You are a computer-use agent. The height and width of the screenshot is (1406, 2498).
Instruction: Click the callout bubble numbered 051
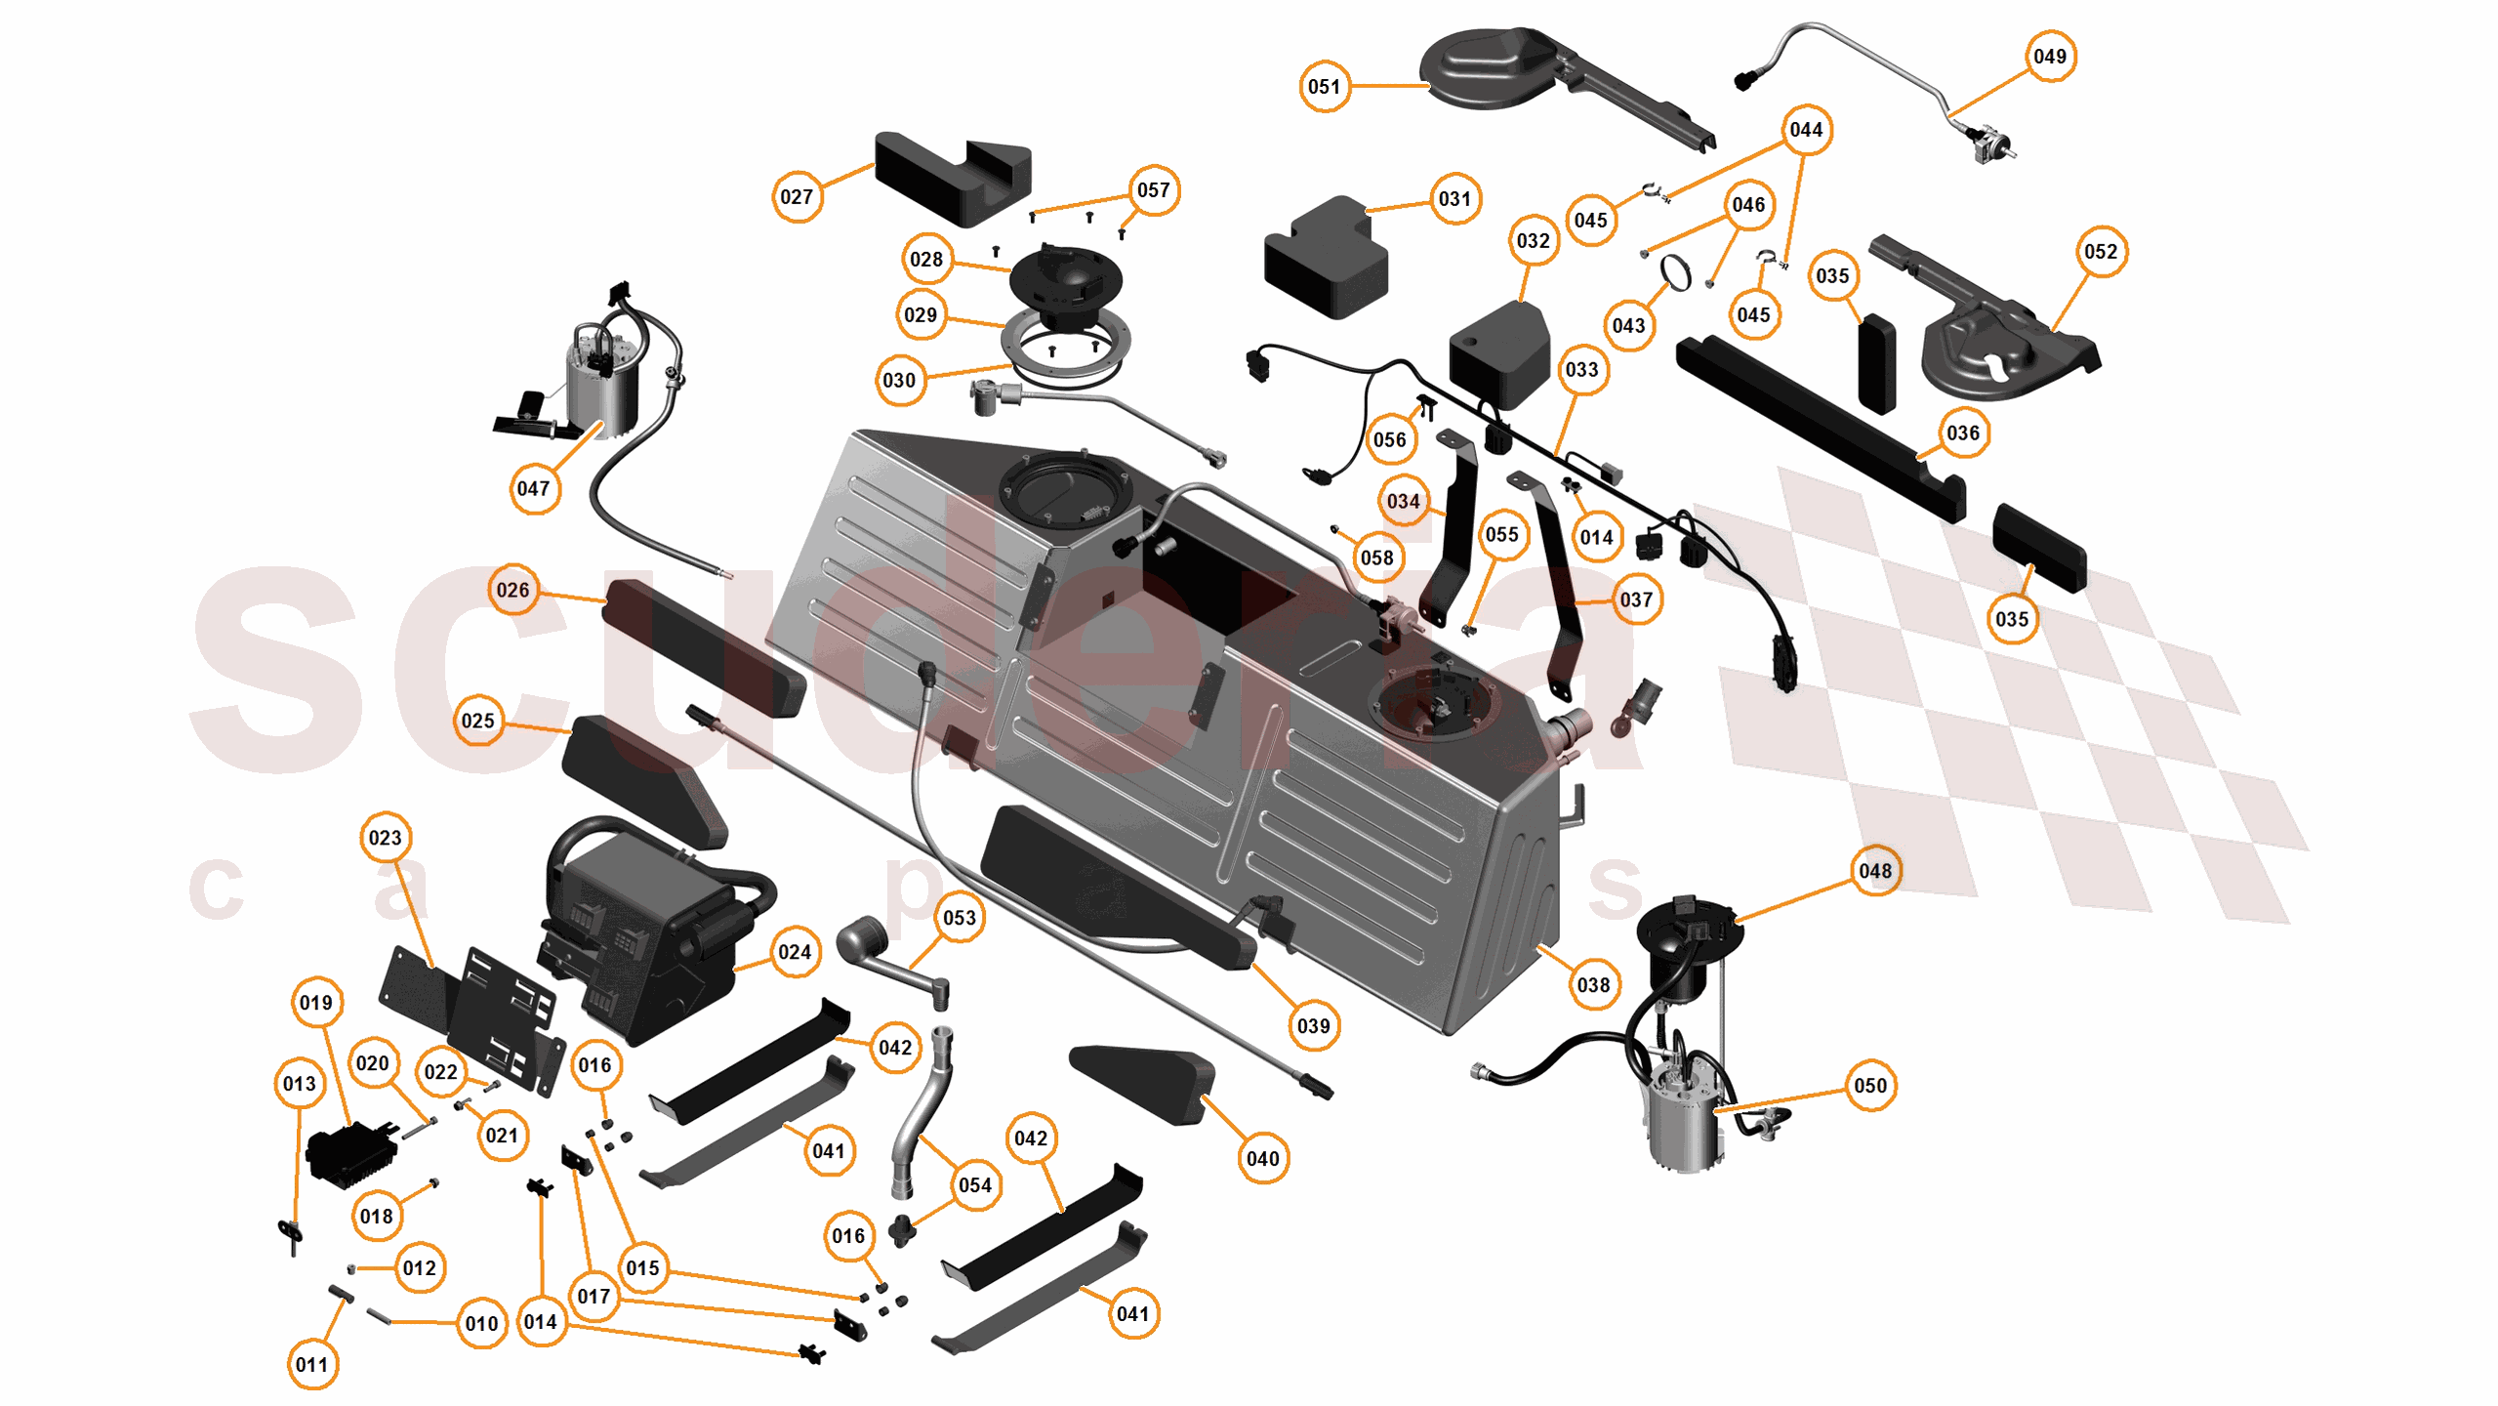(1324, 87)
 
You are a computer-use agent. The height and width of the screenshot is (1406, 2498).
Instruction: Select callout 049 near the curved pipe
(2049, 57)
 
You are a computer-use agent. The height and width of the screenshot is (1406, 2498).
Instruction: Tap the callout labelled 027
(797, 197)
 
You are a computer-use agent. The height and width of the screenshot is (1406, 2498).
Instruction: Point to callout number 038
(1593, 985)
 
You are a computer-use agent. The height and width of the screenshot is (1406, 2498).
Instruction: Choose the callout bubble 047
(534, 488)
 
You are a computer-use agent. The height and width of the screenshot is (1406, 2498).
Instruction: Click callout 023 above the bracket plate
(385, 838)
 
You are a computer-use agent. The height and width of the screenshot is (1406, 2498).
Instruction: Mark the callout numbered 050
(1869, 1086)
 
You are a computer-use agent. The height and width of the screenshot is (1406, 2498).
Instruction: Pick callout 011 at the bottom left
(312, 1364)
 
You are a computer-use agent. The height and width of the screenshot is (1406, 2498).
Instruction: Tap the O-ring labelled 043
(1675, 274)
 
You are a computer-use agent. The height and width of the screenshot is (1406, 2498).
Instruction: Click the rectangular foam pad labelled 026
(703, 646)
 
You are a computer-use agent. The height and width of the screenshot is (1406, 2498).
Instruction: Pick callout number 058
(1376, 558)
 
